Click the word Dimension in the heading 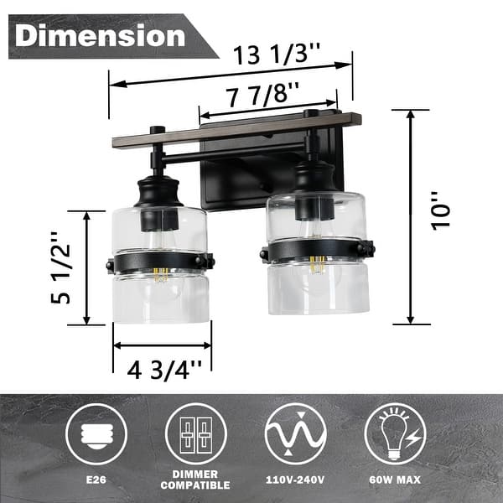point(100,36)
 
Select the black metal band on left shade point(160,262)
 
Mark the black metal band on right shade point(318,250)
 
